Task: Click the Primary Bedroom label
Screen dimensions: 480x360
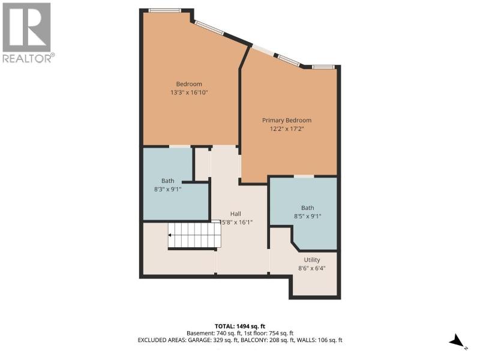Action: (287, 121)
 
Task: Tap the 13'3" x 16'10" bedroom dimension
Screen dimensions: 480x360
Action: (189, 92)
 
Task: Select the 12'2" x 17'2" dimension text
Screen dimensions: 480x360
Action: (287, 129)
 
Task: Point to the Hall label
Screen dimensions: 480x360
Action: (235, 214)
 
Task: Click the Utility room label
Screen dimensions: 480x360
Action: (312, 260)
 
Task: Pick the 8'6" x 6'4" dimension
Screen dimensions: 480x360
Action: (312, 268)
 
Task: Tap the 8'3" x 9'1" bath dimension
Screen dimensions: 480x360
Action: (168, 190)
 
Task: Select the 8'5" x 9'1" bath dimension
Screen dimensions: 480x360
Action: (307, 217)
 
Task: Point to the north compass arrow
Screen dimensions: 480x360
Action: (457, 340)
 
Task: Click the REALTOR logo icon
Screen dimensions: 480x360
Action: (26, 27)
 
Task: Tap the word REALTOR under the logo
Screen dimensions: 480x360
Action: (27, 58)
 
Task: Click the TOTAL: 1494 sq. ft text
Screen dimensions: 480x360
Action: (238, 326)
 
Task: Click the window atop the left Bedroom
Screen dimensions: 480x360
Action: (164, 10)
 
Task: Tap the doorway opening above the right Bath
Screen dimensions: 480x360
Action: (304, 176)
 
